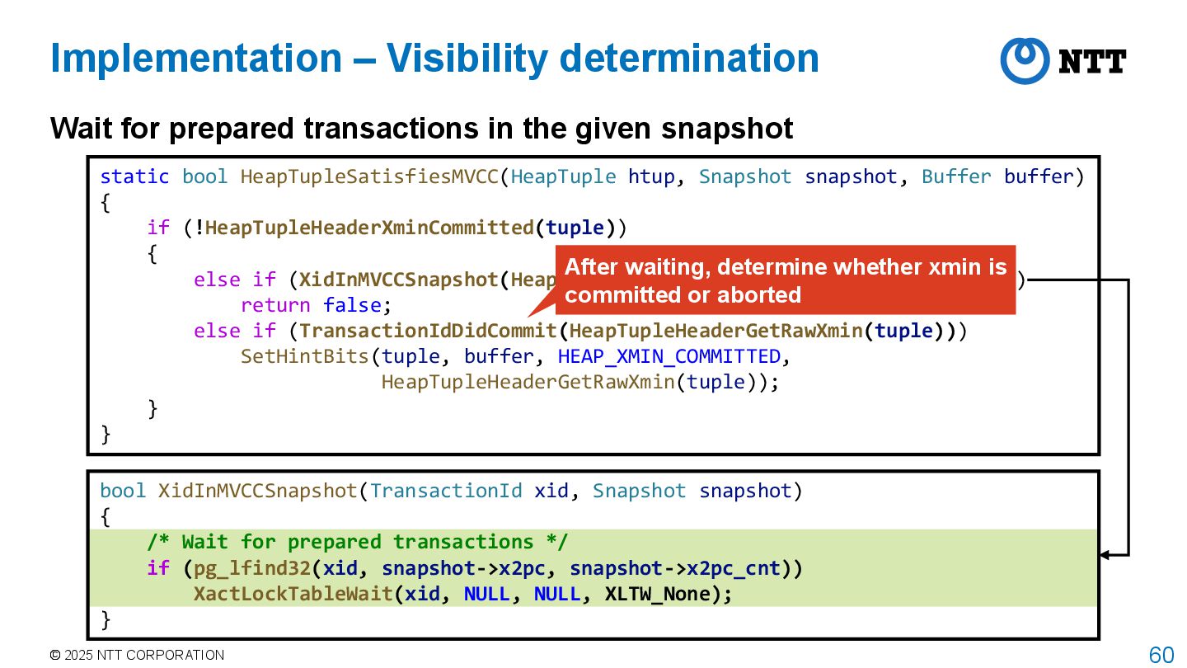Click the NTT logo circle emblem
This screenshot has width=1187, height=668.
click(1025, 60)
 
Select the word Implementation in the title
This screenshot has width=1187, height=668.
click(196, 59)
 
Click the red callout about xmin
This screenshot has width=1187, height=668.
click(785, 280)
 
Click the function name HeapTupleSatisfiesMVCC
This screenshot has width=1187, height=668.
click(369, 176)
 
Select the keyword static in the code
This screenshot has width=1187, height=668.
click(134, 176)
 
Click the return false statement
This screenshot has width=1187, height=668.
click(311, 305)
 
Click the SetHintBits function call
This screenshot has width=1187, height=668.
click(304, 356)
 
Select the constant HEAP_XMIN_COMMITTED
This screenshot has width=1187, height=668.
click(669, 356)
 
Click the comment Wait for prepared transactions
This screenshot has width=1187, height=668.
click(358, 542)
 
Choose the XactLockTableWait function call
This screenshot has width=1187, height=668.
click(293, 594)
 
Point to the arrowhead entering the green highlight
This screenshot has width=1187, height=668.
click(1105, 555)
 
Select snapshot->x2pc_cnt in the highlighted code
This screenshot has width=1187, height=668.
click(675, 568)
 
